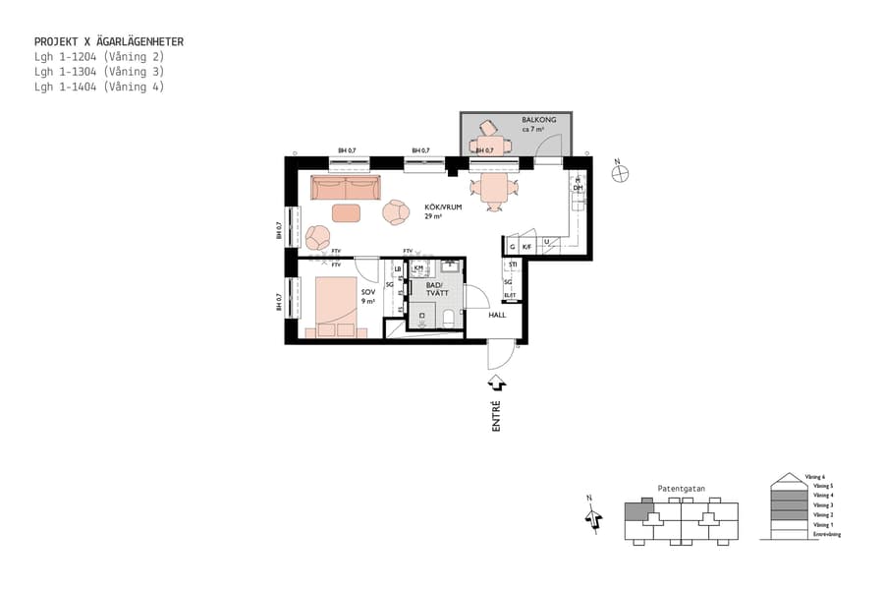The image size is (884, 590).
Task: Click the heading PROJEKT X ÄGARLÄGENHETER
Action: coord(108,41)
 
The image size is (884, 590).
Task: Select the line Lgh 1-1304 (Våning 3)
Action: coord(98,71)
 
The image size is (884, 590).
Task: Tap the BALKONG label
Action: coord(538,120)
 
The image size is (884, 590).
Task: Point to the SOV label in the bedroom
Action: coord(368,293)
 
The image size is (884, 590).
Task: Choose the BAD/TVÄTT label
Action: coord(436,288)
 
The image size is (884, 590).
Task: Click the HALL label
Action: coord(497,315)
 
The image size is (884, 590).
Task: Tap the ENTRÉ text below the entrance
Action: coord(496,416)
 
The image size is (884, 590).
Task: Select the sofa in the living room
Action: coord(345,188)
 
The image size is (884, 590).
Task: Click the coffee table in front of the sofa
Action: coord(346,212)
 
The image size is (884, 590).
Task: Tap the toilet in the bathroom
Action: coord(449,317)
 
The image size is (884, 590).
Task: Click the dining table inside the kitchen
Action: coord(492,186)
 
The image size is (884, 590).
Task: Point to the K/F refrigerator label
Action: coord(526,247)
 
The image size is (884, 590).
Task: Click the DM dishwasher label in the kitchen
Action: coord(579,187)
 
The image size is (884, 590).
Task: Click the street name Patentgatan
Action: coord(681,488)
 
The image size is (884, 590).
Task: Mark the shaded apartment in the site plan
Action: coord(638,509)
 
